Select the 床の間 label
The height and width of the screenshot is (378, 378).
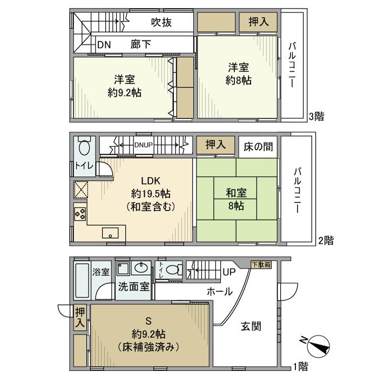click(258, 146)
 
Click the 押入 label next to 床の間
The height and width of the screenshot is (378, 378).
click(215, 145)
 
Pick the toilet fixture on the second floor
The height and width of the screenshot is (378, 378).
click(84, 146)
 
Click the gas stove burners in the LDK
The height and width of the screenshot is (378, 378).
click(80, 213)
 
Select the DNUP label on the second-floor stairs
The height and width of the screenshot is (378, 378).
click(143, 145)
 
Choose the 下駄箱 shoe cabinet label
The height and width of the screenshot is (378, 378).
click(261, 264)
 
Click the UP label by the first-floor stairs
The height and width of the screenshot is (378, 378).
click(229, 272)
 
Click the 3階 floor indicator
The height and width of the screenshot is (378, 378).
click(316, 116)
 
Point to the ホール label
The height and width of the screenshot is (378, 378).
click(219, 292)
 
